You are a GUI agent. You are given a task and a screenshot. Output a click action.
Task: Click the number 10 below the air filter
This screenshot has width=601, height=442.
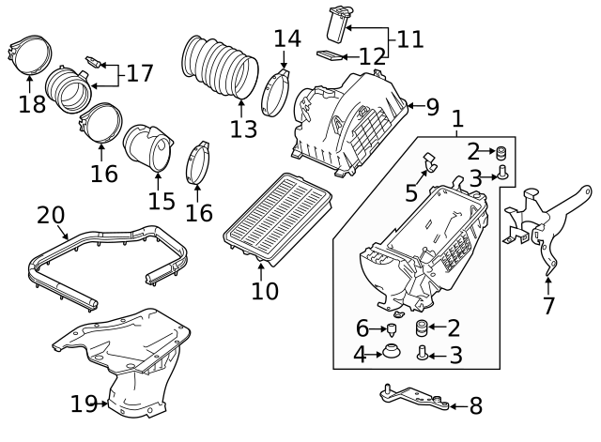click(x=265, y=291)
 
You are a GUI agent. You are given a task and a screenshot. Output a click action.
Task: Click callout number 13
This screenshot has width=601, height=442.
click(x=243, y=129)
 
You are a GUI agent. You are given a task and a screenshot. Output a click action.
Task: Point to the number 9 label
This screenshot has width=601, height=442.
click(x=431, y=107)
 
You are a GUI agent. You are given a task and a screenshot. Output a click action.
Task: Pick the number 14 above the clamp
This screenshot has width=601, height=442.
click(x=287, y=39)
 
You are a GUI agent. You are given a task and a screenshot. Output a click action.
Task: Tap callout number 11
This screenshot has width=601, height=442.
click(x=409, y=39)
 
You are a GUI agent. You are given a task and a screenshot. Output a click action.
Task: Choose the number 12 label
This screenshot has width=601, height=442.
click(x=372, y=56)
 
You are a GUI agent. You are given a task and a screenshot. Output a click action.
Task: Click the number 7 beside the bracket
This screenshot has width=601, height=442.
click(x=549, y=305)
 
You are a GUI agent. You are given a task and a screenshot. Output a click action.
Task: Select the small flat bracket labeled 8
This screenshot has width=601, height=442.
click(x=412, y=397)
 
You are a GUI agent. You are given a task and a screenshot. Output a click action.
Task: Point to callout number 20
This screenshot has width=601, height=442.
click(x=50, y=216)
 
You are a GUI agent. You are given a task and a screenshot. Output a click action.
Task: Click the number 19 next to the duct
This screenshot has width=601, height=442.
click(x=84, y=404)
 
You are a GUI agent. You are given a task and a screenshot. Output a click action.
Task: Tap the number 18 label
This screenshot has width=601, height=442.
click(x=32, y=103)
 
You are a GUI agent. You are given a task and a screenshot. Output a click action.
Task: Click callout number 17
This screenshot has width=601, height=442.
click(x=139, y=72)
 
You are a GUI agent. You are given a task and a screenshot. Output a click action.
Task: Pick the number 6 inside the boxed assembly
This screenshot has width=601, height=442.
click(x=362, y=328)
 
